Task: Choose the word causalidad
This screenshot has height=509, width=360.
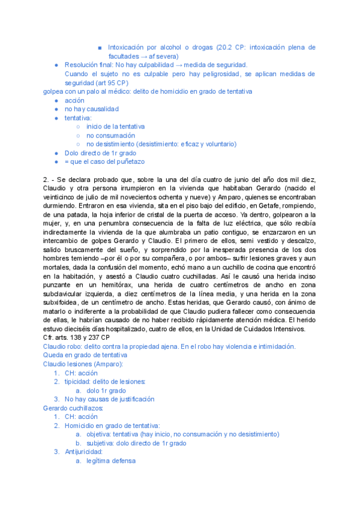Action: click(98, 109)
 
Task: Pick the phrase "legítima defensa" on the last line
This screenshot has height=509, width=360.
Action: click(111, 461)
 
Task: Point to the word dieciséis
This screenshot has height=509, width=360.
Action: click(80, 329)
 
